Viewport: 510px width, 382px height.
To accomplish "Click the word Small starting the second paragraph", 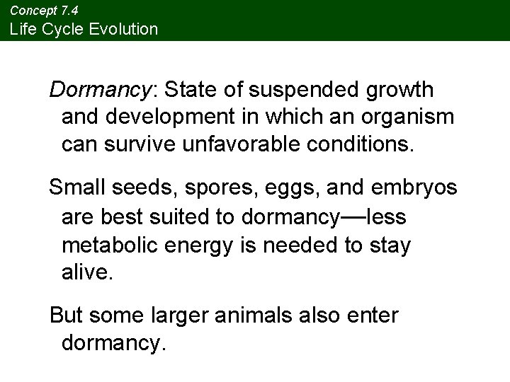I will (x=76, y=189).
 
